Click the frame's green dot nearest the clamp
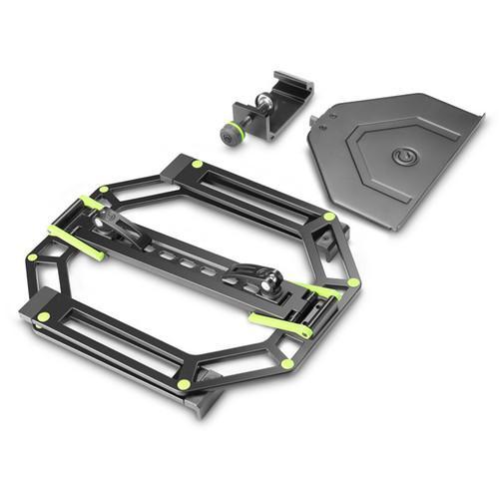coord(197,164)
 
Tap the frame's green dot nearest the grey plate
coord(330,216)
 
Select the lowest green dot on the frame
coord(183,384)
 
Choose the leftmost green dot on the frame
coord(32,257)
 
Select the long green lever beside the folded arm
coord(75,243)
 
